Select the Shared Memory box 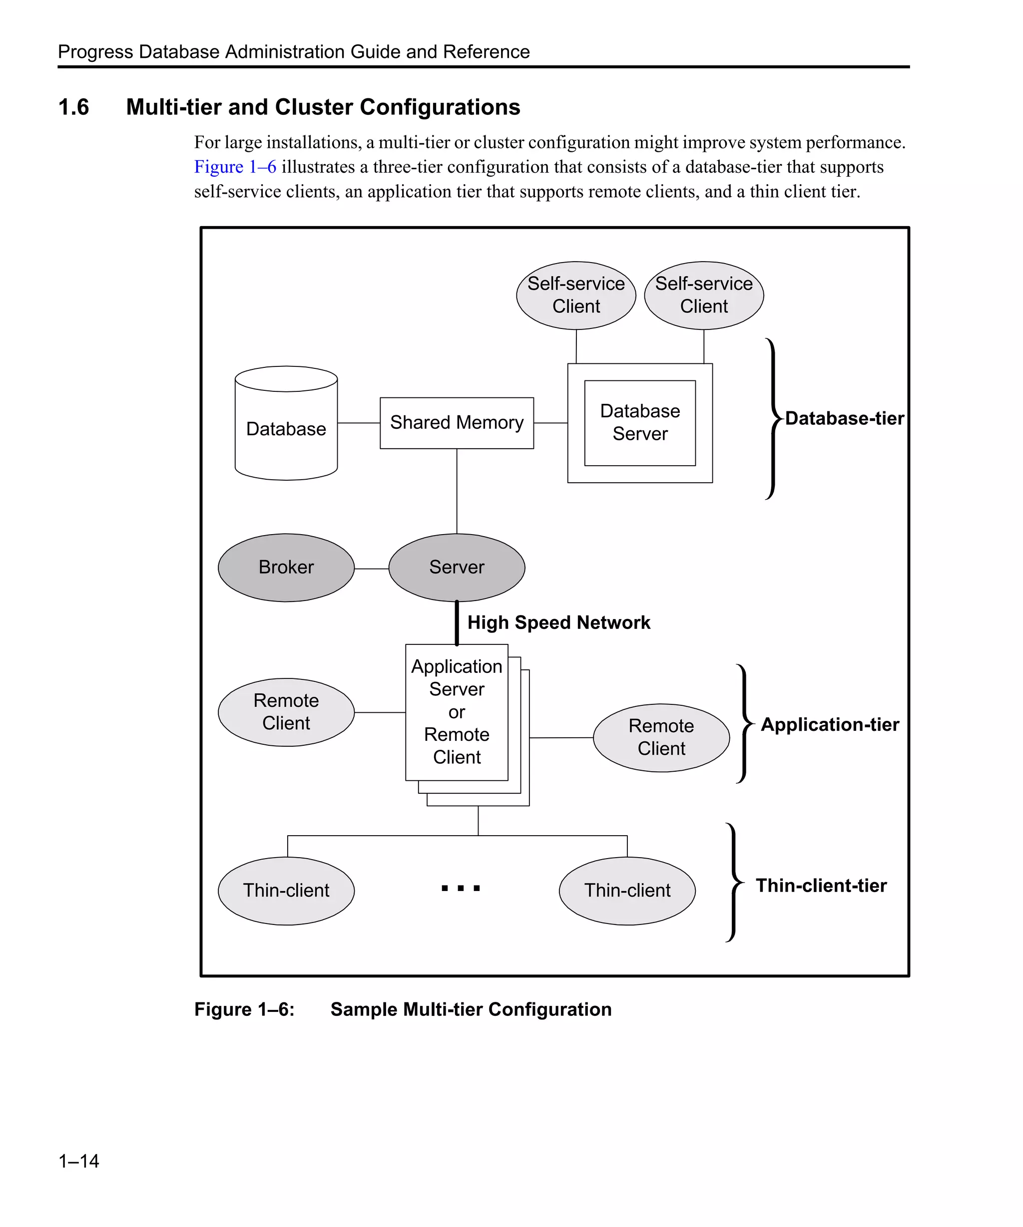[x=457, y=423]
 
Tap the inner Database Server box [x=639, y=423]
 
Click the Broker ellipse [x=286, y=568]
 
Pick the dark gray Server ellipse [x=457, y=568]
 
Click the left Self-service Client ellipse [x=576, y=295]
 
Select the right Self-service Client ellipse [x=703, y=295]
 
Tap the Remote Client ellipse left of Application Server [x=286, y=712]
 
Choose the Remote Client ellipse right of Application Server [x=661, y=737]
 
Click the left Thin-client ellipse [x=286, y=891]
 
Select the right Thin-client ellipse [x=627, y=891]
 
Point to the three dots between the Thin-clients [x=461, y=888]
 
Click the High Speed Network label [x=558, y=622]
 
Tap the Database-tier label [x=844, y=418]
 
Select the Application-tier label [x=830, y=724]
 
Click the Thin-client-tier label [x=821, y=886]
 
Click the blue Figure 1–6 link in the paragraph [x=235, y=167]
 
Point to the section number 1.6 [x=73, y=107]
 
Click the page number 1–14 [x=78, y=1161]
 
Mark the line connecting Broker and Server [x=371, y=569]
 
